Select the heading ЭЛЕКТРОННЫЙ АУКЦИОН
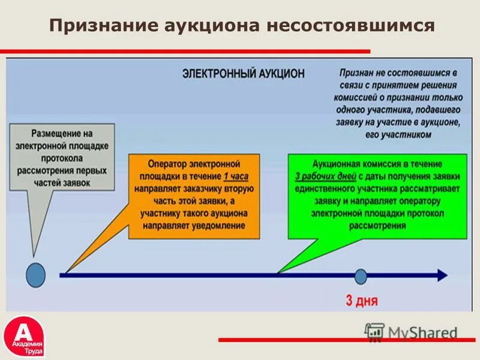click(x=243, y=74)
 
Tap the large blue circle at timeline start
click(x=35, y=275)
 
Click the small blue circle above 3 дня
click(x=361, y=276)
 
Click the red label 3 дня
click(x=362, y=300)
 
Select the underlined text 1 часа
click(x=236, y=176)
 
